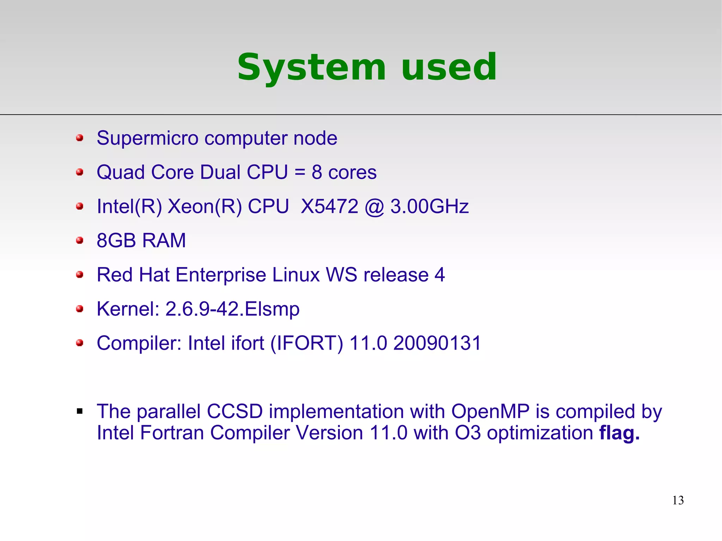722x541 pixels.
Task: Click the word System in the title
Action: coord(311,67)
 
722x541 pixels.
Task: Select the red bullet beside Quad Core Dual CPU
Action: coord(80,172)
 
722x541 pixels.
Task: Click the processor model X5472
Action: coord(330,206)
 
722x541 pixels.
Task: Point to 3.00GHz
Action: coord(429,206)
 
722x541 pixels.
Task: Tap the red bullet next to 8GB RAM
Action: coord(80,240)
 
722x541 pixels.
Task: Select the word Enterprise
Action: coord(221,275)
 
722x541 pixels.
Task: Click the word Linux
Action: coord(296,275)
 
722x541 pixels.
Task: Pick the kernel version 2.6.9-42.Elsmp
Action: coord(232,309)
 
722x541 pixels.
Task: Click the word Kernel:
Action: coord(128,309)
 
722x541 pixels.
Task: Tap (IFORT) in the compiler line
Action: coord(307,343)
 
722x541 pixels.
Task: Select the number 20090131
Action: coord(437,343)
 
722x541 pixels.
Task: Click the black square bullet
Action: coord(80,411)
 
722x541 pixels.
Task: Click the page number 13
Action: coord(678,500)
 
